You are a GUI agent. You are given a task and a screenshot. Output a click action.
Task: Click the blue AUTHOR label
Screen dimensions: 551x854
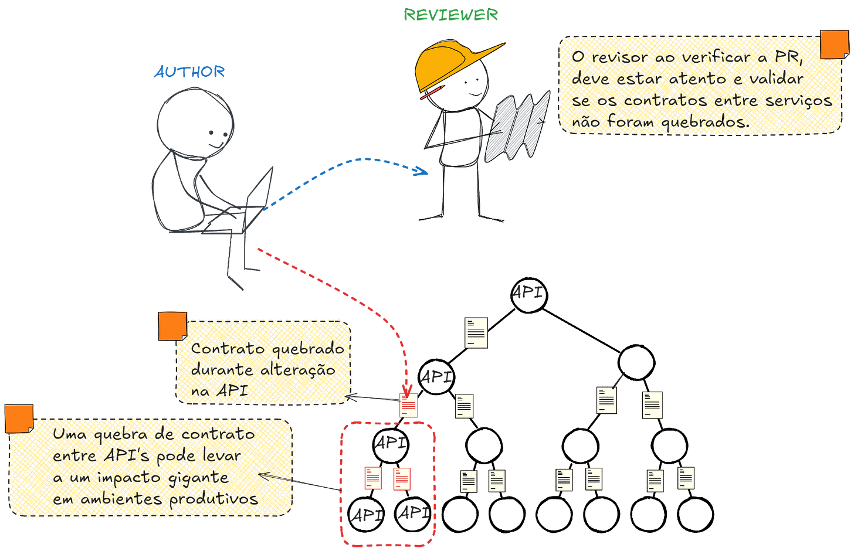tap(189, 72)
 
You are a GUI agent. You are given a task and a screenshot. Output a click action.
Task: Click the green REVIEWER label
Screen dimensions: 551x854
tap(450, 15)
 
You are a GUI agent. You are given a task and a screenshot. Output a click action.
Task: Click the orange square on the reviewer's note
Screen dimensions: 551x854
tap(833, 45)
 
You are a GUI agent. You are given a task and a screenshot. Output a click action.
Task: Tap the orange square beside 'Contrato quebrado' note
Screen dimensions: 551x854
tap(172, 326)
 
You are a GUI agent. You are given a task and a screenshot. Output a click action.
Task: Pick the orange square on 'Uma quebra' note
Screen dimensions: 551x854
tap(19, 419)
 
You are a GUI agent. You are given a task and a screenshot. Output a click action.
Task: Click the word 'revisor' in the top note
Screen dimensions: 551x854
tap(621, 57)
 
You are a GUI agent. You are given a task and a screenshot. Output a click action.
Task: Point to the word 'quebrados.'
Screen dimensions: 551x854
tap(706, 122)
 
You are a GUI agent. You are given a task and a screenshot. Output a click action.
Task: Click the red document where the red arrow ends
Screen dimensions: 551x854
tap(409, 405)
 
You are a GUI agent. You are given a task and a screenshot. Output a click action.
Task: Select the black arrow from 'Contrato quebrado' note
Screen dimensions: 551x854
tap(373, 399)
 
